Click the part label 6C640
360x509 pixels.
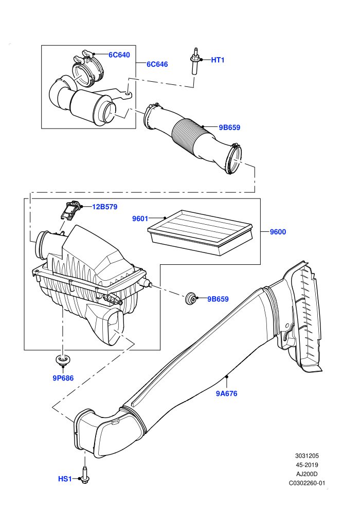(x=119, y=55)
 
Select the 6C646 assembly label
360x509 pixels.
(x=157, y=64)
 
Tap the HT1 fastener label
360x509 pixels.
(x=218, y=60)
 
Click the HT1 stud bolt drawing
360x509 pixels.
(x=195, y=61)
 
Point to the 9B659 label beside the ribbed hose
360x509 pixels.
(x=229, y=128)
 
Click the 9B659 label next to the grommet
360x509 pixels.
(x=218, y=299)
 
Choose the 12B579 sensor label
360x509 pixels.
(x=105, y=207)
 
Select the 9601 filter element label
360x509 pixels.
(x=140, y=219)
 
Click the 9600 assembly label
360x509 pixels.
(x=278, y=232)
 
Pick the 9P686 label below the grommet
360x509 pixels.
(x=63, y=378)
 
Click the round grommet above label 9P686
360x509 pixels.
(x=63, y=360)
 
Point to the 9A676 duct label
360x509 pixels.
(x=227, y=394)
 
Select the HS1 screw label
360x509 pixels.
(x=65, y=479)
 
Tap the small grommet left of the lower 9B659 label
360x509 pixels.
(x=191, y=298)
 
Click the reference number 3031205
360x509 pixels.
(x=307, y=456)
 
